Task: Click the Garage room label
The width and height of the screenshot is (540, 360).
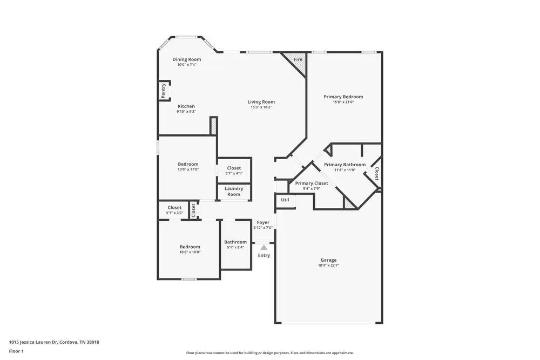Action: click(328, 260)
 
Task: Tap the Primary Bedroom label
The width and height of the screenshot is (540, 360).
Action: click(343, 97)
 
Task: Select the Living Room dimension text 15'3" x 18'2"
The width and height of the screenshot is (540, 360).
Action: click(261, 107)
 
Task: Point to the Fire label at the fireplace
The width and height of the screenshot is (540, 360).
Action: click(298, 59)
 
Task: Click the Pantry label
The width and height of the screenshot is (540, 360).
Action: click(163, 91)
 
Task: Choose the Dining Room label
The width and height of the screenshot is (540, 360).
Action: click(187, 59)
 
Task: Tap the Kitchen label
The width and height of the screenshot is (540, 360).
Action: click(186, 106)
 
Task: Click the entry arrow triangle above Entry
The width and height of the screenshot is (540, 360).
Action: click(264, 246)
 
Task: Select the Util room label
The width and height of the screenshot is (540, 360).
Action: click(285, 200)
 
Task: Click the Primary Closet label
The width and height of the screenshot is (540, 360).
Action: click(312, 183)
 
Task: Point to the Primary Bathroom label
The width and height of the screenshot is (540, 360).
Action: click(345, 165)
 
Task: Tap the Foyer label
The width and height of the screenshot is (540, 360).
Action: click(263, 222)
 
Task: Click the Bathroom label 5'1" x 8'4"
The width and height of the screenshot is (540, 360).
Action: click(235, 242)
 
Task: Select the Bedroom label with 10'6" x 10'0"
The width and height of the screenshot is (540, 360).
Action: click(190, 247)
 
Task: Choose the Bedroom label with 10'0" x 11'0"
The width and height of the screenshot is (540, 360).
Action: click(188, 164)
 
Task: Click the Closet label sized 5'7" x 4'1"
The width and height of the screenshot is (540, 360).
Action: click(234, 168)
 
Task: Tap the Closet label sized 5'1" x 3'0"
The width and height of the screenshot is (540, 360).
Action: click(174, 207)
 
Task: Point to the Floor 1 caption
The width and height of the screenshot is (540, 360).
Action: click(16, 351)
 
